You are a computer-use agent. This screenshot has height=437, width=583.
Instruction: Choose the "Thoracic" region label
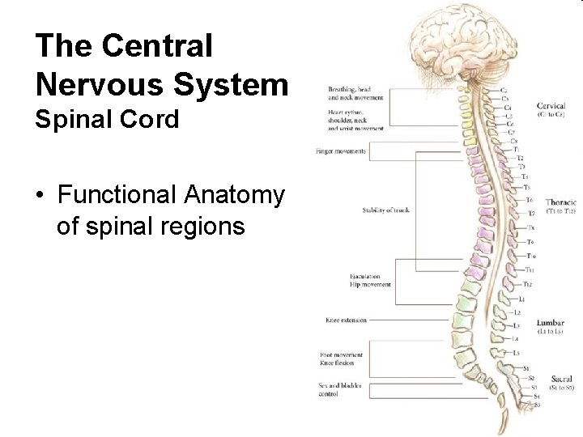coord(561,202)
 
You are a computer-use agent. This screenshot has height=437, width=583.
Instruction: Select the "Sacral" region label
coord(553,378)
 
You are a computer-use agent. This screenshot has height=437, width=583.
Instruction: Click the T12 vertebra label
coord(527,284)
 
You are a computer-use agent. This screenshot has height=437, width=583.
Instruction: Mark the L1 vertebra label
coord(521,299)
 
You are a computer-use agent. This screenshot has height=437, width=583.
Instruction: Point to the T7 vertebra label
coord(531,213)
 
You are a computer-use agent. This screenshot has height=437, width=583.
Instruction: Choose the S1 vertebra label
coord(526,368)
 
